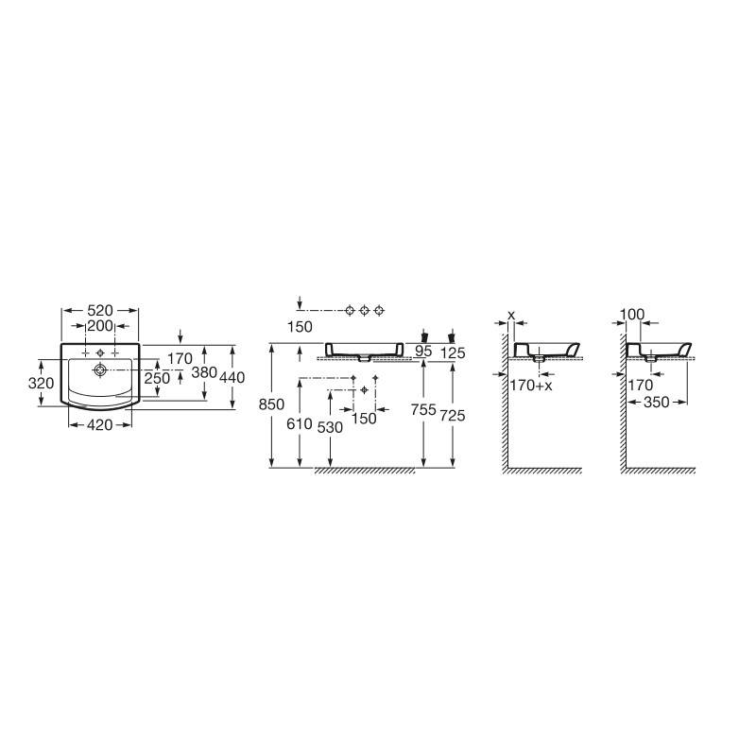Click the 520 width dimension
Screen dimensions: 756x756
100,310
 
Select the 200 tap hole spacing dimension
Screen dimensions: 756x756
100,326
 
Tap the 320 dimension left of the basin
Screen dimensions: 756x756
41,384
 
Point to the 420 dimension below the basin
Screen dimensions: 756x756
100,424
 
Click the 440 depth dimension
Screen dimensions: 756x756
232,377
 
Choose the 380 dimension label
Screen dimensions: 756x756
204,372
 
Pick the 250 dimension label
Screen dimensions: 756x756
157,378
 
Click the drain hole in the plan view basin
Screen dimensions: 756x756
100,369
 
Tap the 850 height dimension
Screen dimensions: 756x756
271,404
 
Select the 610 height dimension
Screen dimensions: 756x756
300,423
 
